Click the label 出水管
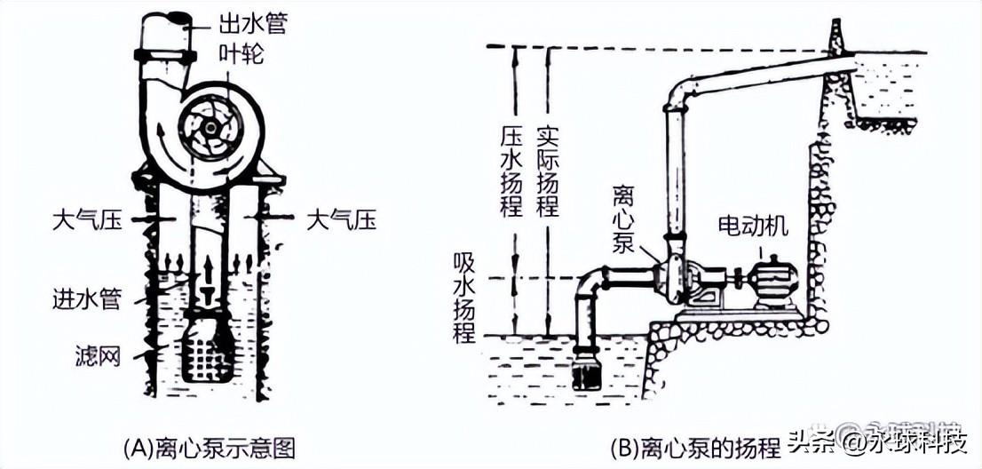click(253, 25)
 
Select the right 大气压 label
click(341, 220)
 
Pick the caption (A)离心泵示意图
click(210, 449)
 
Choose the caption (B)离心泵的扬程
click(696, 449)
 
